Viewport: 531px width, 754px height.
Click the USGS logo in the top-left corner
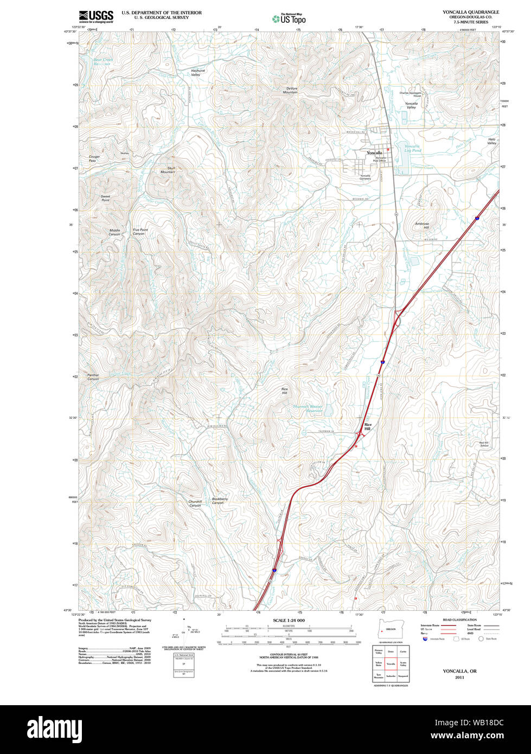(96, 16)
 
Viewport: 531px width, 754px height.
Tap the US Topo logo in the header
(289, 18)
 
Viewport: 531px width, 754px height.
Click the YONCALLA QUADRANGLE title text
(470, 12)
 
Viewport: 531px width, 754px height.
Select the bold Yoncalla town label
(374, 153)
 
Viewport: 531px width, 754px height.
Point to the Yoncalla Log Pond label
(413, 148)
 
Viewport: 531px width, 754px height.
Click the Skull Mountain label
(168, 170)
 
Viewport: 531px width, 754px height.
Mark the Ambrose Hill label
(422, 225)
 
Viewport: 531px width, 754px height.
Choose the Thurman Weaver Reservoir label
(308, 408)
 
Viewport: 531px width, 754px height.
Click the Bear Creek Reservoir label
(101, 62)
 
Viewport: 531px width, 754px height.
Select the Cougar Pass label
(94, 158)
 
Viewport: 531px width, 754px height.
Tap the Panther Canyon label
(93, 377)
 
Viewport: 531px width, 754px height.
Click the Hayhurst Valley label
(198, 72)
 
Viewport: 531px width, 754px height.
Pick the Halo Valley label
(491, 141)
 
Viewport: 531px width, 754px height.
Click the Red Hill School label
(484, 444)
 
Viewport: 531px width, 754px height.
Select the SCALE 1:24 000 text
(289, 620)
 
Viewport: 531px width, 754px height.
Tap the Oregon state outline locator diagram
(387, 629)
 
